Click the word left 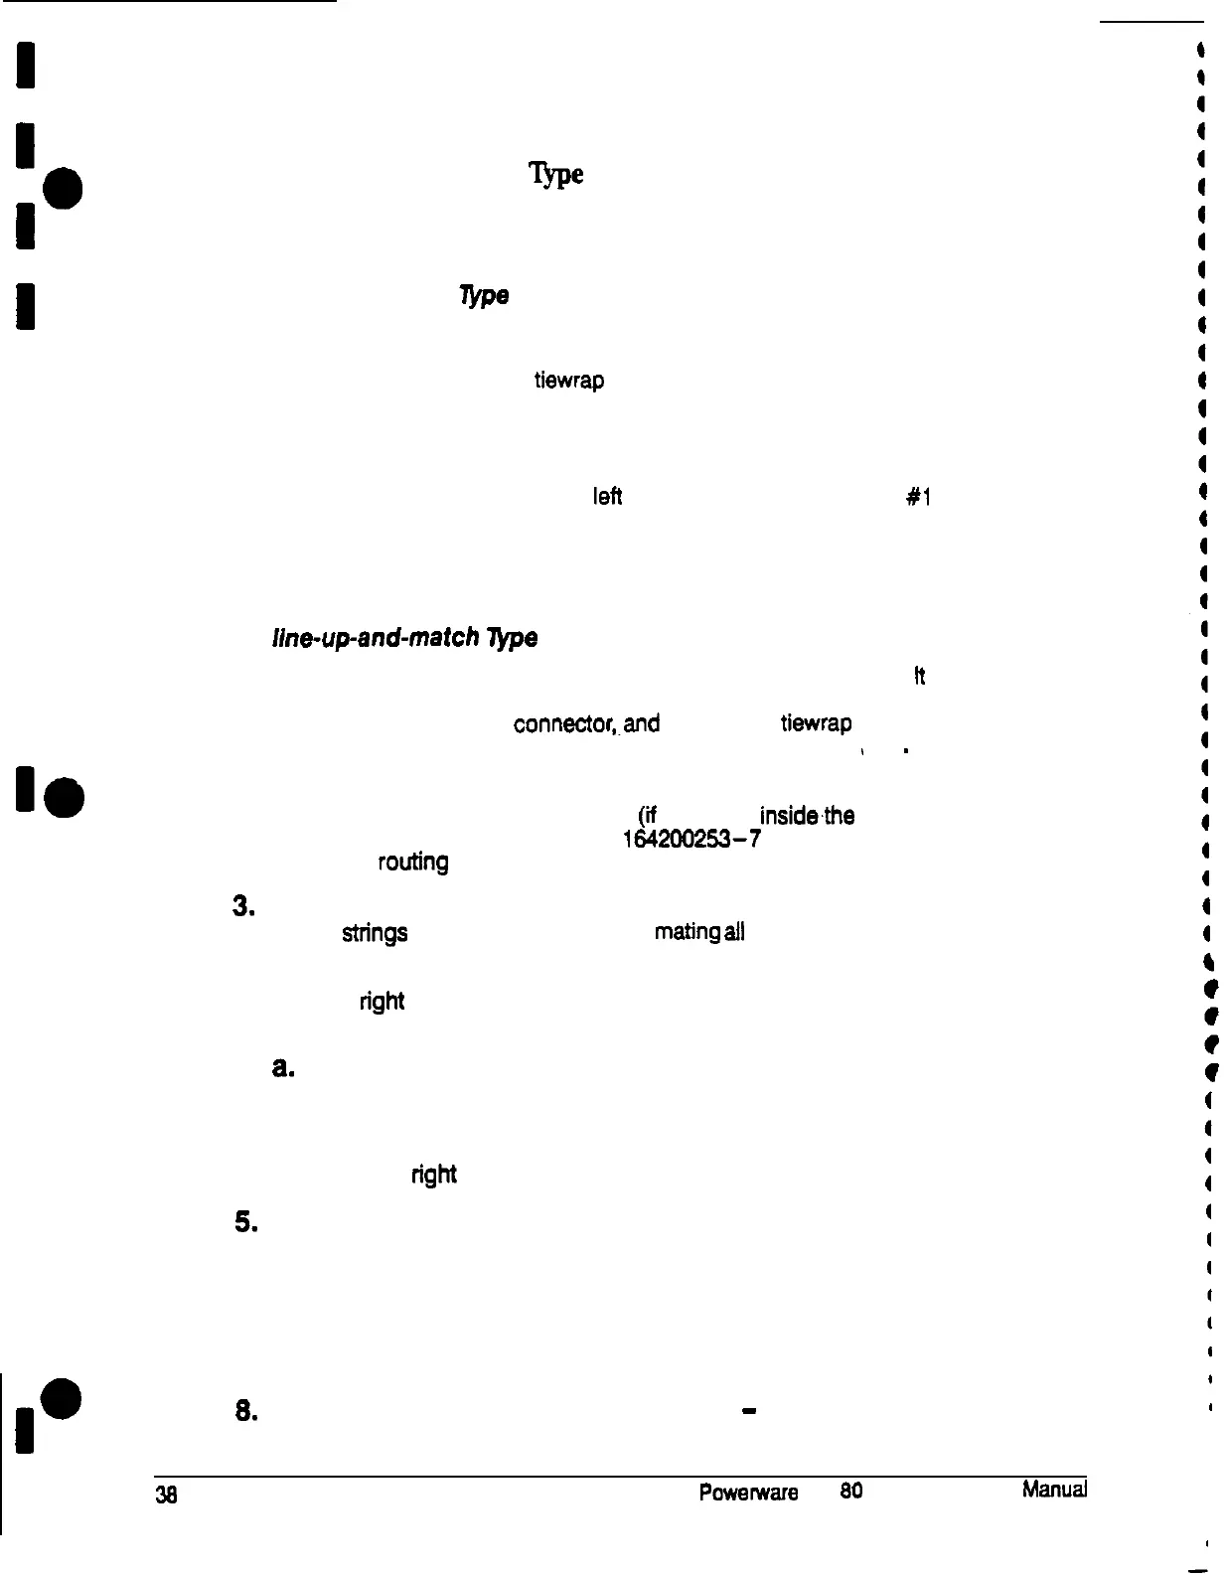(606, 497)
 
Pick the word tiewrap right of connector (816, 723)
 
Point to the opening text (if (652, 816)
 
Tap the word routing (412, 862)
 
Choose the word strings (375, 933)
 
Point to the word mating (688, 932)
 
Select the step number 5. (245, 1224)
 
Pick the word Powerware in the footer (748, 1493)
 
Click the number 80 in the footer (850, 1492)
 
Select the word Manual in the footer (1053, 1491)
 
